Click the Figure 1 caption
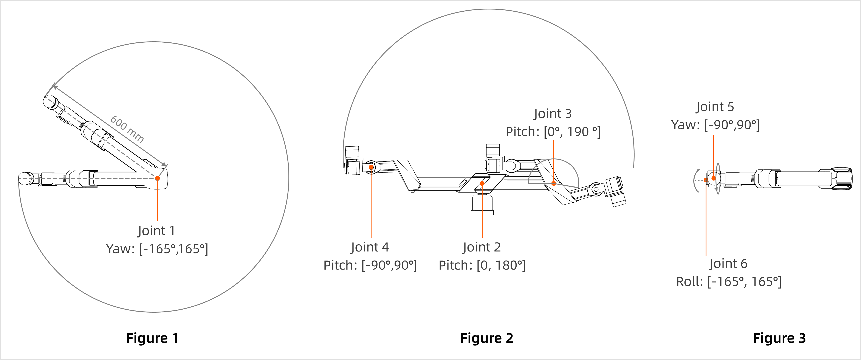(x=152, y=338)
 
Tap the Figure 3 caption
(x=779, y=338)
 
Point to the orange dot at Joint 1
(x=157, y=178)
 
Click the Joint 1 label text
(x=156, y=231)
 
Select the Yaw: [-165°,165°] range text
(x=157, y=249)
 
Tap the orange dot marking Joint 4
(x=371, y=167)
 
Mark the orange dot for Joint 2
(x=482, y=183)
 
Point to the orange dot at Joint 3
(x=553, y=183)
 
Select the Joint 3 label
(x=553, y=114)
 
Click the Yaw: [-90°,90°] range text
(x=715, y=125)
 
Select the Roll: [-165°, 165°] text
(x=729, y=282)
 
